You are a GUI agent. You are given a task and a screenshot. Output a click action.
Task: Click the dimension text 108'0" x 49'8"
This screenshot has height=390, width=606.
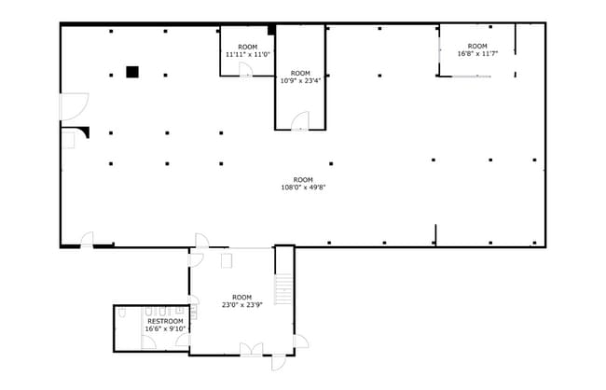(x=303, y=188)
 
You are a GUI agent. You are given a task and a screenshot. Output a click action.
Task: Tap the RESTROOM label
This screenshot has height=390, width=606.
(x=165, y=322)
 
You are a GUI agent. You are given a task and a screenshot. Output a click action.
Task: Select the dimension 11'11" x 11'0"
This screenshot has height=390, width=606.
(x=248, y=54)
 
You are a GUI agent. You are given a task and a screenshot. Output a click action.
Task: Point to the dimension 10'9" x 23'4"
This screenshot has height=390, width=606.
(x=300, y=81)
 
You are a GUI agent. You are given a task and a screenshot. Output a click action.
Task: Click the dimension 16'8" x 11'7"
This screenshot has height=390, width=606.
(x=477, y=54)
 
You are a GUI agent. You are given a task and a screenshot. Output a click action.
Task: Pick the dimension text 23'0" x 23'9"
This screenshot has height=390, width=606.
(x=242, y=305)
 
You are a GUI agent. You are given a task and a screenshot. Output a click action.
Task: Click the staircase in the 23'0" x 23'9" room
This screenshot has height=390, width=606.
(x=283, y=289)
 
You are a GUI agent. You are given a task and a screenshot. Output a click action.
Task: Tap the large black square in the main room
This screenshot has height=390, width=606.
(x=132, y=72)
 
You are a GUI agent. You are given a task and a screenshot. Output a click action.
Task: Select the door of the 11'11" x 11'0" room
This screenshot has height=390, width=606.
(x=245, y=70)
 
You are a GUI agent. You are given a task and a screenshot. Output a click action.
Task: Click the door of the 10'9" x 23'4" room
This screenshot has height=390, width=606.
(x=300, y=120)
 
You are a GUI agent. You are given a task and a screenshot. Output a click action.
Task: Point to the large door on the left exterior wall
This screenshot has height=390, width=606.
(x=74, y=106)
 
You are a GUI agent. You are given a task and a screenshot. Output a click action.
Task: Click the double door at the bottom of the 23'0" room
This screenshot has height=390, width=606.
(x=251, y=349)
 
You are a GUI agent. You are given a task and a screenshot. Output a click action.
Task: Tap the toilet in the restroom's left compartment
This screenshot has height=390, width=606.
(x=122, y=313)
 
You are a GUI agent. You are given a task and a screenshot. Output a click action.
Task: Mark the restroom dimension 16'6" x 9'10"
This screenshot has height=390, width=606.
(x=165, y=328)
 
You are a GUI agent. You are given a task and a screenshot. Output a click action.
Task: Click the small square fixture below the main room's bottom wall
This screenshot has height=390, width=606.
(x=227, y=260)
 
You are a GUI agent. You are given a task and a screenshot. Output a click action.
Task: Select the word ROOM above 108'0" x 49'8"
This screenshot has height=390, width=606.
(x=303, y=180)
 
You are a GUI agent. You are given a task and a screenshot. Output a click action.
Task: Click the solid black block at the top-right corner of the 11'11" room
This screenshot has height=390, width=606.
(x=271, y=30)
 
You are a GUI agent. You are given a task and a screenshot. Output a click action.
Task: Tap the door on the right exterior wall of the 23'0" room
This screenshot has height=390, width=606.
(x=301, y=341)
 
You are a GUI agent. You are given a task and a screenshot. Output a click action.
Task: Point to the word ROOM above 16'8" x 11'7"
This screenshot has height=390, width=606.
(x=477, y=46)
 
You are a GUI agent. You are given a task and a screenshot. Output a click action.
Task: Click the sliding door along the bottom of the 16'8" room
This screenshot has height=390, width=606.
(x=472, y=77)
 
